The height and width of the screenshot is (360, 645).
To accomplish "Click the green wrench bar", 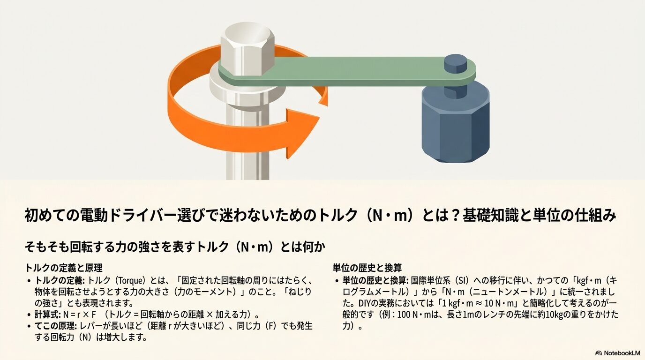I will (337, 70).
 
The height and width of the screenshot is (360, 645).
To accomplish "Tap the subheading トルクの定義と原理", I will (64, 268).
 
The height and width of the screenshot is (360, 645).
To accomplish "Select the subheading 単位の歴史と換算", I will (367, 268).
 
